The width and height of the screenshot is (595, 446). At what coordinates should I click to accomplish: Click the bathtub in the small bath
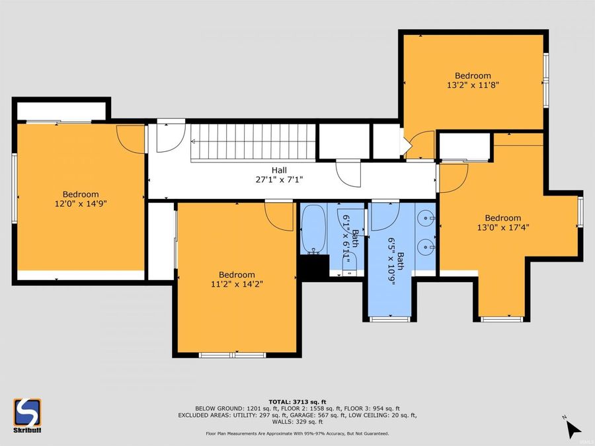pos(313,228)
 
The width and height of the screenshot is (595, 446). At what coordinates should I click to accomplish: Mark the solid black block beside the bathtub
pos(313,266)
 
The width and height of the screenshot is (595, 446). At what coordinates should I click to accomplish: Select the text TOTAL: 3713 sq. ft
pos(297,401)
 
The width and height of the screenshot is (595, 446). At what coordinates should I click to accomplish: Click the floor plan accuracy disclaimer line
pos(297,433)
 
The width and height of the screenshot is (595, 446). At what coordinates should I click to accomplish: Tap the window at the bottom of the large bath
pos(389,319)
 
